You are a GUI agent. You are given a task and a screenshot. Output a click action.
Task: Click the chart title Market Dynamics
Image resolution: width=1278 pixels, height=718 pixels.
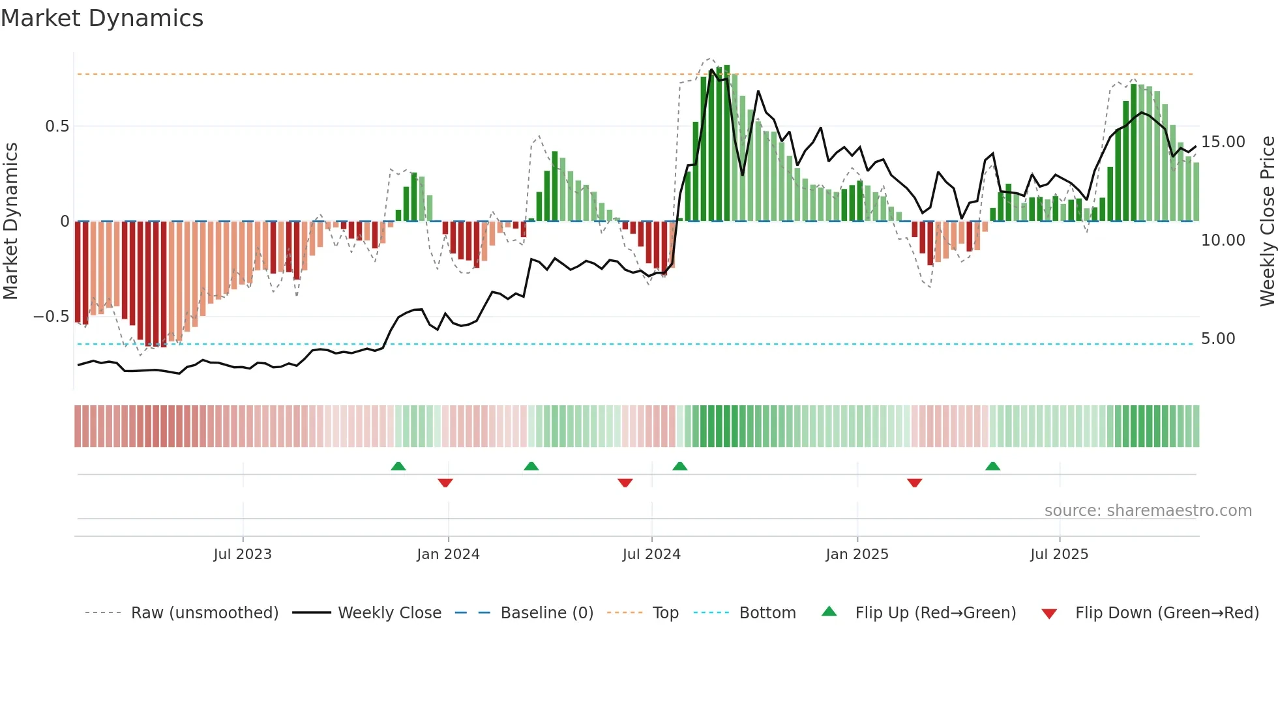coord(102,18)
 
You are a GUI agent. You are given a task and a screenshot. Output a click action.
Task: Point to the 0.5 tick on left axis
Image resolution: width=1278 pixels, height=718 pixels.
coord(57,126)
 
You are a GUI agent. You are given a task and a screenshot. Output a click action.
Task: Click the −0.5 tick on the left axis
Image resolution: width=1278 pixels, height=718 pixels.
coord(51,317)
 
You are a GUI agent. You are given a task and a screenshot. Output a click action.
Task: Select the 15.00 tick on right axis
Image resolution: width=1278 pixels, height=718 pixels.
coord(1223,142)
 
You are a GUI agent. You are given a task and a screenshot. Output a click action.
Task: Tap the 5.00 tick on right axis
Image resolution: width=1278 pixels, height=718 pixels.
coord(1217,339)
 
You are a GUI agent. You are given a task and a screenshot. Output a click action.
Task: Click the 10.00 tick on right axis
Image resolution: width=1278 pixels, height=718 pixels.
coord(1223,240)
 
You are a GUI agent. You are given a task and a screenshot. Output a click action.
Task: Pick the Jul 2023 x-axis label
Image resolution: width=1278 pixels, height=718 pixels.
coord(243,554)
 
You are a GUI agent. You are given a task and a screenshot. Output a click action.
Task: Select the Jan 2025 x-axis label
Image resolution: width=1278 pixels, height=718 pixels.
coord(857,554)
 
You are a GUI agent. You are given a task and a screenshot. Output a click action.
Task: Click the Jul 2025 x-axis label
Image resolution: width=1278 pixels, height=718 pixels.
coord(1059,554)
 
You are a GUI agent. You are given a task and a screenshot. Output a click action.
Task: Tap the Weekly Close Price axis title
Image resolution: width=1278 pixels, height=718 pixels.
coord(1266,222)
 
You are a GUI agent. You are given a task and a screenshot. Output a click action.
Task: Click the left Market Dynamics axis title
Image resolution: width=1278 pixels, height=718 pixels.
coord(10,222)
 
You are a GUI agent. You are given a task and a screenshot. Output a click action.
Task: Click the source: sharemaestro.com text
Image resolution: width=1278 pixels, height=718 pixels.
coord(1148,511)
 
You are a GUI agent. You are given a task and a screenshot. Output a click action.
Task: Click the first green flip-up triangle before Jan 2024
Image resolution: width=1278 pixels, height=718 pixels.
coord(398,467)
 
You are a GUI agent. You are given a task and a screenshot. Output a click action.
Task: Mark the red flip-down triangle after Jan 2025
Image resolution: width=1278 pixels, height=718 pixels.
coord(914,483)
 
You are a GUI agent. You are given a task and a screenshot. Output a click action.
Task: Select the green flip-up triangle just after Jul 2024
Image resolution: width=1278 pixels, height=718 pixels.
coord(680,467)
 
